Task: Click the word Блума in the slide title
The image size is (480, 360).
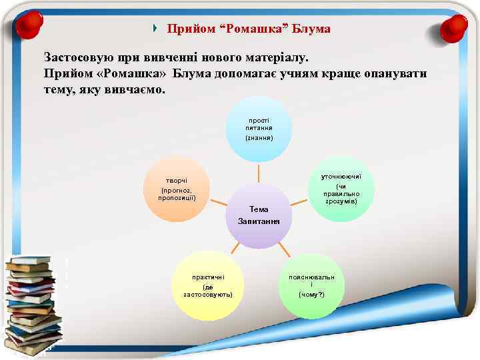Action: pos(313,29)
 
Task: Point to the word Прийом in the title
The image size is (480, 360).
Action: pos(187,29)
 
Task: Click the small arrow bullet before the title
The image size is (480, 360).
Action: pos(155,29)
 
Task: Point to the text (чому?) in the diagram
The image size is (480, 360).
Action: pos(311,294)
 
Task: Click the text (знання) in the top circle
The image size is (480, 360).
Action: pos(259,137)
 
